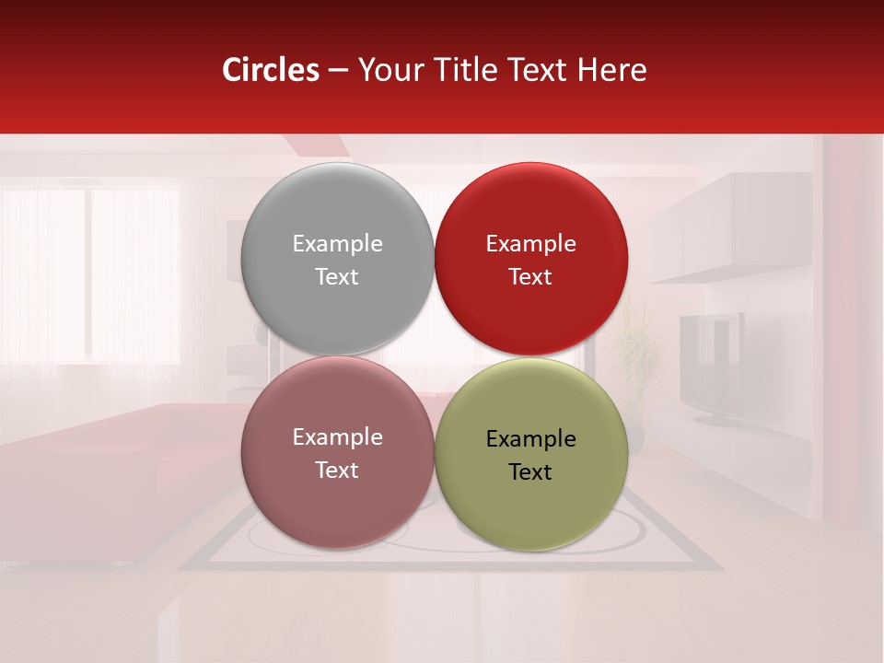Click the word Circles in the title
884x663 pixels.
click(x=270, y=70)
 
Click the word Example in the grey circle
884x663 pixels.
click(x=337, y=244)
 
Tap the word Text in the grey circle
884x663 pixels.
click(x=337, y=277)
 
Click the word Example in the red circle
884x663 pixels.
click(x=530, y=244)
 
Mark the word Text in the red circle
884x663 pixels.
click(x=530, y=277)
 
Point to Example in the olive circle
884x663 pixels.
click(x=530, y=439)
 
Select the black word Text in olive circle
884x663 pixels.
click(x=530, y=472)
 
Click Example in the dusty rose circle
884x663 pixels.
click(x=337, y=437)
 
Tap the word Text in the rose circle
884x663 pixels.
click(x=337, y=471)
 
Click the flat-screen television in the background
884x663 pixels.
click(x=712, y=364)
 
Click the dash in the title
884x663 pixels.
click(x=338, y=71)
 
